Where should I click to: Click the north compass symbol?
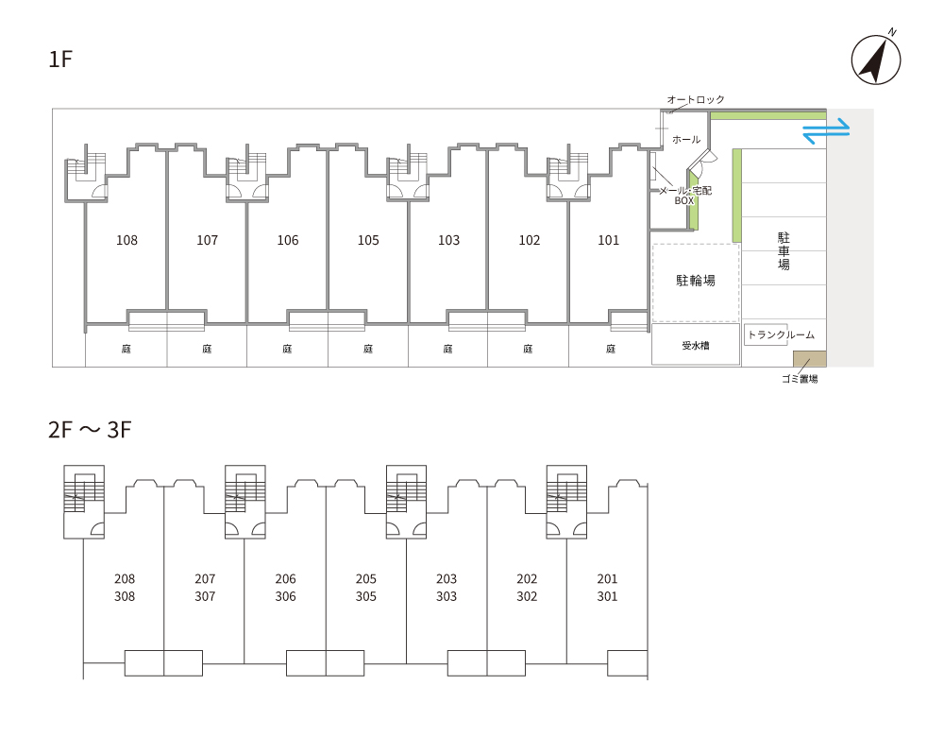[x=875, y=60]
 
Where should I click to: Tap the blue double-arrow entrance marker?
[x=827, y=131]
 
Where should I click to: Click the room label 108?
[x=126, y=240]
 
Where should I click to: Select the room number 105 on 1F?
[x=368, y=240]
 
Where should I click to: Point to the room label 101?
[x=609, y=240]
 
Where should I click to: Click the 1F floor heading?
[x=60, y=60]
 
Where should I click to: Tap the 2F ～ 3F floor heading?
[x=89, y=431]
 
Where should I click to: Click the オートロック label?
[x=696, y=99]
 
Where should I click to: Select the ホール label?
[x=686, y=140]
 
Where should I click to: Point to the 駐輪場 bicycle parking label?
[x=696, y=281]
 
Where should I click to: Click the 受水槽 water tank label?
[x=696, y=346]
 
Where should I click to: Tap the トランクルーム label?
[x=781, y=334]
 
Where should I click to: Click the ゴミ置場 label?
[x=800, y=379]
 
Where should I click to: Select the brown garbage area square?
[x=810, y=359]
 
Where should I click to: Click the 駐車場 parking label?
[x=784, y=250]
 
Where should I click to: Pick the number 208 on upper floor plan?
[x=125, y=578]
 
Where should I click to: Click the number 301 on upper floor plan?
[x=607, y=596]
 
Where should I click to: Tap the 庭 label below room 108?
[x=126, y=349]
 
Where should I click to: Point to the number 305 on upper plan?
[x=366, y=596]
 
